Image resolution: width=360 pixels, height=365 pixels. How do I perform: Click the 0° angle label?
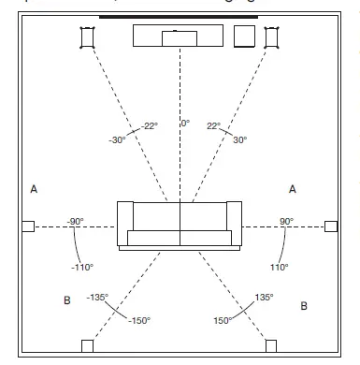185,123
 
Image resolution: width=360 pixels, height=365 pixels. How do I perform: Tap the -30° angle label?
117,140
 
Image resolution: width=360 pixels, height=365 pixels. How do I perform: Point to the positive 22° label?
213,125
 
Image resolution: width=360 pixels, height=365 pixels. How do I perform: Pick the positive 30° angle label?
239,140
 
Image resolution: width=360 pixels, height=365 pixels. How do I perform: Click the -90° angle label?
76,222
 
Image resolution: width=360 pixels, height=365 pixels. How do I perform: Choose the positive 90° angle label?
285,222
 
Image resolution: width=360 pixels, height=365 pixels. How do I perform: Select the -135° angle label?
99,299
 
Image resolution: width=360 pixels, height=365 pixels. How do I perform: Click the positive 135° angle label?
264,298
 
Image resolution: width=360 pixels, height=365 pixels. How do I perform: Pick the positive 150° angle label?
223,320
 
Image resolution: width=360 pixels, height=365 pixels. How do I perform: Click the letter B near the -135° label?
66,301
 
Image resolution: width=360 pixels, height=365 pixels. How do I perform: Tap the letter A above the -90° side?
34,190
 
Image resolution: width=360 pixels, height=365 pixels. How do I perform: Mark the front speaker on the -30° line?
87,37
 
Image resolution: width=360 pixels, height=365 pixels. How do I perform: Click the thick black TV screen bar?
179,17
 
